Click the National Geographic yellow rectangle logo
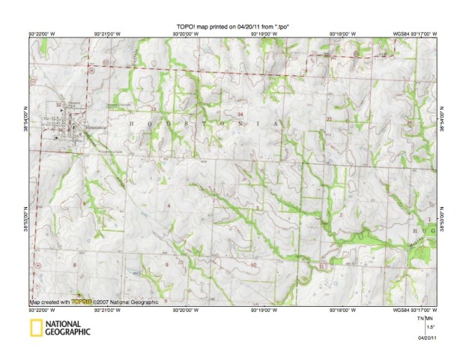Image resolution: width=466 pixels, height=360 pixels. [34, 327]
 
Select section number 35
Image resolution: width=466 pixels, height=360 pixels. [330, 118]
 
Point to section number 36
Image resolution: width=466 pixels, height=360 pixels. [408, 122]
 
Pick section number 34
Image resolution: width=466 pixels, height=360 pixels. [240, 113]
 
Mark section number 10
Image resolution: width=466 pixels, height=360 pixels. [253, 265]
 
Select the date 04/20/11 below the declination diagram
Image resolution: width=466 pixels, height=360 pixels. [426, 338]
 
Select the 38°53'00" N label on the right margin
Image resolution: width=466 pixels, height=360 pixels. [443, 217]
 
